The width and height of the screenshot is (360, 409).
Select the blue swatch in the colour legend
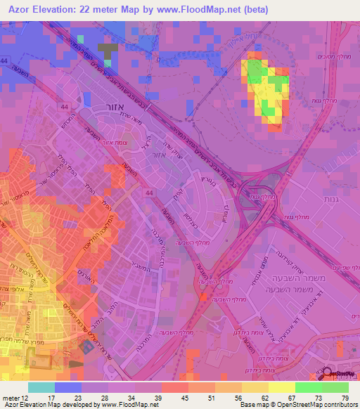pyautogui.click(x=68, y=387)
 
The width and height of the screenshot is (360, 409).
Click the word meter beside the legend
pyautogui.click(x=10, y=397)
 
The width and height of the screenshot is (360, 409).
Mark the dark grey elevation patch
pyautogui.click(x=107, y=51)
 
